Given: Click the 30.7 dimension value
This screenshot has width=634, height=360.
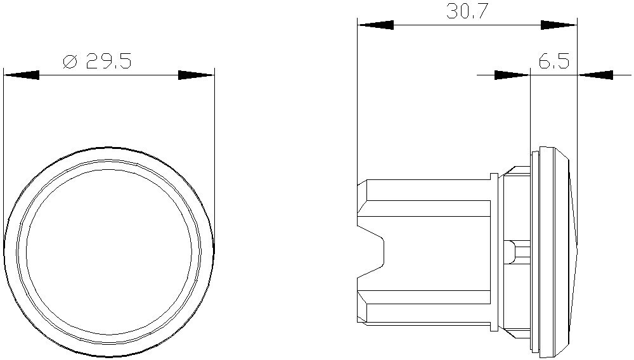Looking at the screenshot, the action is tap(465, 11).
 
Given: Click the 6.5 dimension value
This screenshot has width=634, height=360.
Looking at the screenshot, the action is tap(553, 62).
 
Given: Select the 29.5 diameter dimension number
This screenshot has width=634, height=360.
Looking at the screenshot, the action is tap(108, 61).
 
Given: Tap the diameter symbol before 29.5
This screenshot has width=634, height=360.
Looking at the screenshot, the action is tap(70, 61).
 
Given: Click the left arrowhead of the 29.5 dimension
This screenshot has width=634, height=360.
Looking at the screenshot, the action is tap(22, 75).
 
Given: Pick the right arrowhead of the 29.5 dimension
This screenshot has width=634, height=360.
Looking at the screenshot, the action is tap(196, 75).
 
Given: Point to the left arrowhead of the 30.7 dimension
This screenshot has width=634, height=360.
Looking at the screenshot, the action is tap(375, 25).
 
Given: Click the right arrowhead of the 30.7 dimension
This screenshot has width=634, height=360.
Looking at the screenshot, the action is tap(559, 25).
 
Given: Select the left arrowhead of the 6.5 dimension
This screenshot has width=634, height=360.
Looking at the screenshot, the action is tap(512, 75).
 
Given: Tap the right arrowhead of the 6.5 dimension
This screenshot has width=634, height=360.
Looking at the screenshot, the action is tap(595, 75).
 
